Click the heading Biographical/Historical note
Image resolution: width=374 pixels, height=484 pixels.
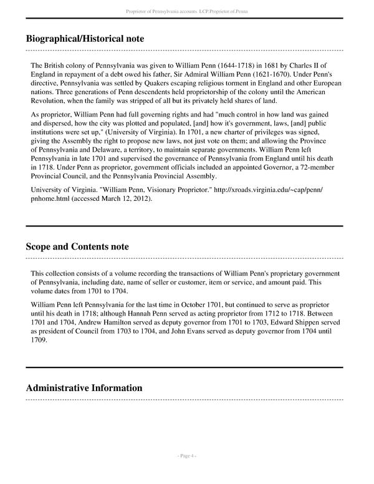(x=85, y=39)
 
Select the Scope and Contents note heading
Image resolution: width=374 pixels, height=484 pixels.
(x=77, y=246)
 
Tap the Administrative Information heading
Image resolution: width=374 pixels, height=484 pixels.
(x=84, y=388)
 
